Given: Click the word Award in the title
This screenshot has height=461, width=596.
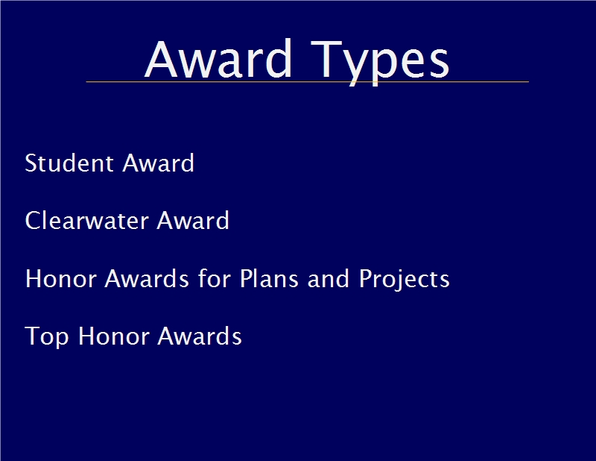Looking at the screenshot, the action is [218, 58].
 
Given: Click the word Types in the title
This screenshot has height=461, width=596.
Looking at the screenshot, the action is [380, 63].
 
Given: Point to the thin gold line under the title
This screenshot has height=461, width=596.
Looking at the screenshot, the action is [307, 81].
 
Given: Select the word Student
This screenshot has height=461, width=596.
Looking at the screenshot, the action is [69, 163].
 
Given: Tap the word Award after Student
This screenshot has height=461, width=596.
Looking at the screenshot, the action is [158, 163].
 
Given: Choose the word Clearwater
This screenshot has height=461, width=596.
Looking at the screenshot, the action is [86, 220].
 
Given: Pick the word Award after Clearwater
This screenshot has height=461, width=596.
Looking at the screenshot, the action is [193, 220].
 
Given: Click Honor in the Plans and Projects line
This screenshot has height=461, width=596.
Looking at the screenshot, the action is [61, 278].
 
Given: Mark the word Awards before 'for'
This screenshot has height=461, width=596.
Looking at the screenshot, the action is [147, 278].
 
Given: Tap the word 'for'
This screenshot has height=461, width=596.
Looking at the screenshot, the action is [214, 278].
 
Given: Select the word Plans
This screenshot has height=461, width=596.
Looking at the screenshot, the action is [269, 278].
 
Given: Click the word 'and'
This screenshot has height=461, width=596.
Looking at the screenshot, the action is [328, 278].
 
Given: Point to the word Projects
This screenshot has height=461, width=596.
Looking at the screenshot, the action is [405, 279].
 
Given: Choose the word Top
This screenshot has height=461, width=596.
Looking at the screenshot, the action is [47, 337].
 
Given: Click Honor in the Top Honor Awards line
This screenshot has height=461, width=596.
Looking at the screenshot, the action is [113, 336].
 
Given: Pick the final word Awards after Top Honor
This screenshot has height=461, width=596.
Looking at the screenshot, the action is [200, 336].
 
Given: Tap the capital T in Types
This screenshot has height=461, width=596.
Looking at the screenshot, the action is [326, 59].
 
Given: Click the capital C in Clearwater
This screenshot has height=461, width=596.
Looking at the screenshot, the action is [33, 220].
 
